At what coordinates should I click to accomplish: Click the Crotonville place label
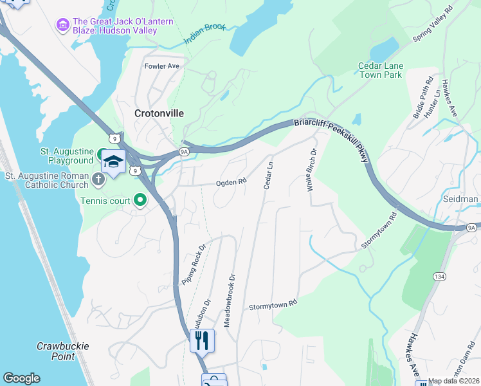point(159,113)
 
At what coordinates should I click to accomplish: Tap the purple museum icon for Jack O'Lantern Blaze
point(63,25)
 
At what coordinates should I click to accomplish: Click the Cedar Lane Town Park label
point(379,70)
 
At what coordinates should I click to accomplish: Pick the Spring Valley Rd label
point(433,26)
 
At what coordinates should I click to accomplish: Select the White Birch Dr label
point(311,170)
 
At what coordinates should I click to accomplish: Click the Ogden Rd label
point(231,183)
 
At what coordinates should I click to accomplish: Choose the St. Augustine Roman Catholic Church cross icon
point(98,179)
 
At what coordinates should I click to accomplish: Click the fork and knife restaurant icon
point(202,340)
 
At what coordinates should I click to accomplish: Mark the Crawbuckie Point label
point(62,351)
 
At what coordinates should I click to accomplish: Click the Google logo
point(21,378)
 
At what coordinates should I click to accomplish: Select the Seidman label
point(461,199)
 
